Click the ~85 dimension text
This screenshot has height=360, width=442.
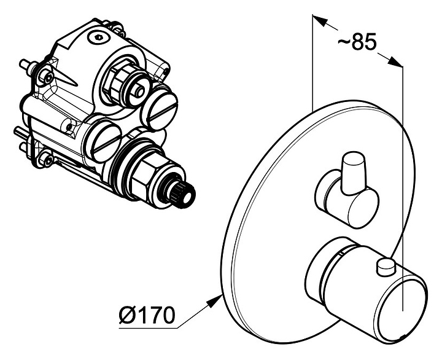(x=357, y=42)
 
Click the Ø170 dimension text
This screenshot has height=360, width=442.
(x=147, y=315)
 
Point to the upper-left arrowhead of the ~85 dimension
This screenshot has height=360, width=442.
(x=320, y=21)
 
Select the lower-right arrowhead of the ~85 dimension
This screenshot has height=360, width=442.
(x=395, y=62)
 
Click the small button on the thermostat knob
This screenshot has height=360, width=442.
(x=386, y=267)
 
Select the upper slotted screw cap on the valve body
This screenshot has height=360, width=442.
(x=159, y=108)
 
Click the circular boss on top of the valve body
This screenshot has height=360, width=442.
(x=98, y=37)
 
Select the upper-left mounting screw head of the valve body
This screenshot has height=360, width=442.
(x=47, y=77)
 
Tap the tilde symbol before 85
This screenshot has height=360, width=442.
(x=344, y=42)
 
